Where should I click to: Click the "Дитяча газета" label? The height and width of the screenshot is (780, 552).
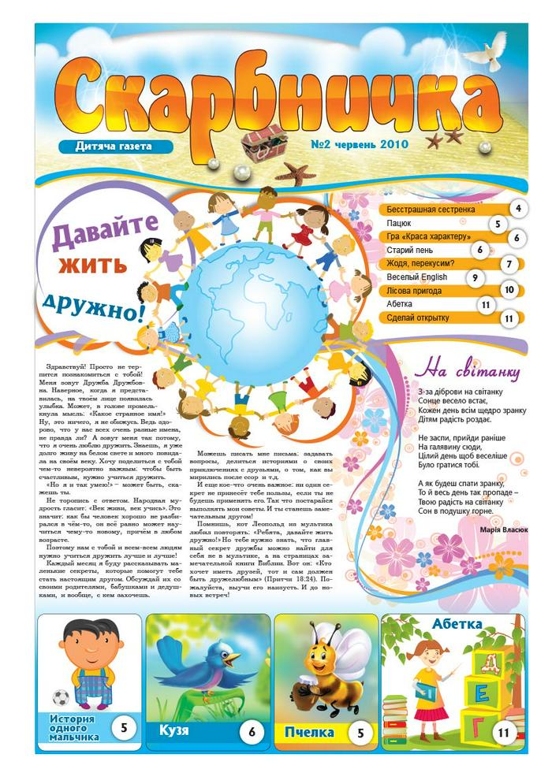coord(115,146)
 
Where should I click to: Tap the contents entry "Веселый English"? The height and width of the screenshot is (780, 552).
coord(417,277)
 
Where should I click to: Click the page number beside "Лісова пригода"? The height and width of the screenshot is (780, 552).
coord(509,290)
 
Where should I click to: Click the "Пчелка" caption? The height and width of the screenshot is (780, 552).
coord(310,732)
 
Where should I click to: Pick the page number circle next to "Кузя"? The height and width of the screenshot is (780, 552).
coord(252,732)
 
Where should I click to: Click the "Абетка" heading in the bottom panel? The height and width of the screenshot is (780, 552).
coord(457,625)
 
